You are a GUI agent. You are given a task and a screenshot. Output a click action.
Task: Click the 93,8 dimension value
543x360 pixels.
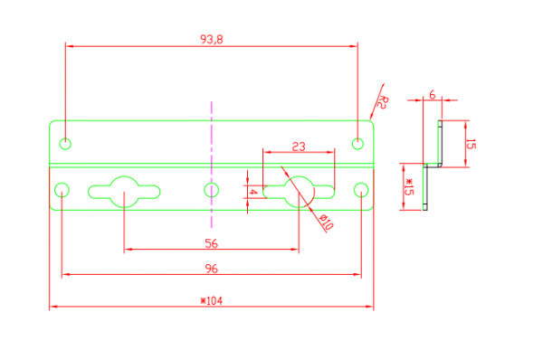click(212, 40)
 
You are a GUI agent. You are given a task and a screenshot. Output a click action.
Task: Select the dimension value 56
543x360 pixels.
click(211, 243)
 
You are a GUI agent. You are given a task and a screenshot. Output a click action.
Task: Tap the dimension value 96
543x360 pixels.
click(211, 269)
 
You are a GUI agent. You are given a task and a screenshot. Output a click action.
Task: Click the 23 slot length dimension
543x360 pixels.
click(299, 147)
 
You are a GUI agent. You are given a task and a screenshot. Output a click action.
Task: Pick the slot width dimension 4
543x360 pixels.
click(253, 192)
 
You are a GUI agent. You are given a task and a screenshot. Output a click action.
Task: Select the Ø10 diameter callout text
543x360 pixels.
click(326, 223)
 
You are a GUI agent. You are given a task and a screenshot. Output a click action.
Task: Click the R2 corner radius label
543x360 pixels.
click(382, 102)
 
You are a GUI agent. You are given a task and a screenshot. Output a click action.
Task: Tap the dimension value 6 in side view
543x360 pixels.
click(433, 94)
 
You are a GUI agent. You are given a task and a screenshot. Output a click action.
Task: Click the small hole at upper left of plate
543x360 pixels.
click(65, 144)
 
